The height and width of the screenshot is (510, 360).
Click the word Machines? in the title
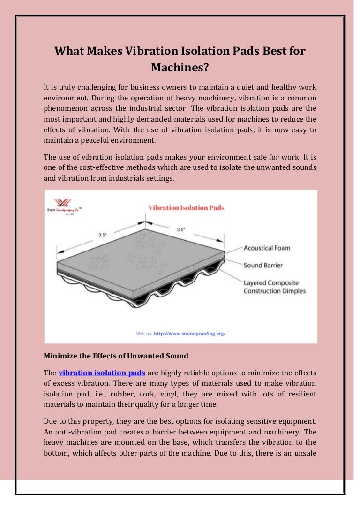coord(180,67)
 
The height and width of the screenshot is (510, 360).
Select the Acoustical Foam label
coord(267,248)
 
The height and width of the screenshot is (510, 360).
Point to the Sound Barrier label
coord(263,265)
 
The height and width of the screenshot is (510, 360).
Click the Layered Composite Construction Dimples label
coord(274,287)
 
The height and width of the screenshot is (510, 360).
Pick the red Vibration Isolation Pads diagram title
coord(186,207)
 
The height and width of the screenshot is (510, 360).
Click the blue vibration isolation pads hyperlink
coord(102,373)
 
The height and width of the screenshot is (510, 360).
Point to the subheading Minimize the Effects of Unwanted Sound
coord(116,356)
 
